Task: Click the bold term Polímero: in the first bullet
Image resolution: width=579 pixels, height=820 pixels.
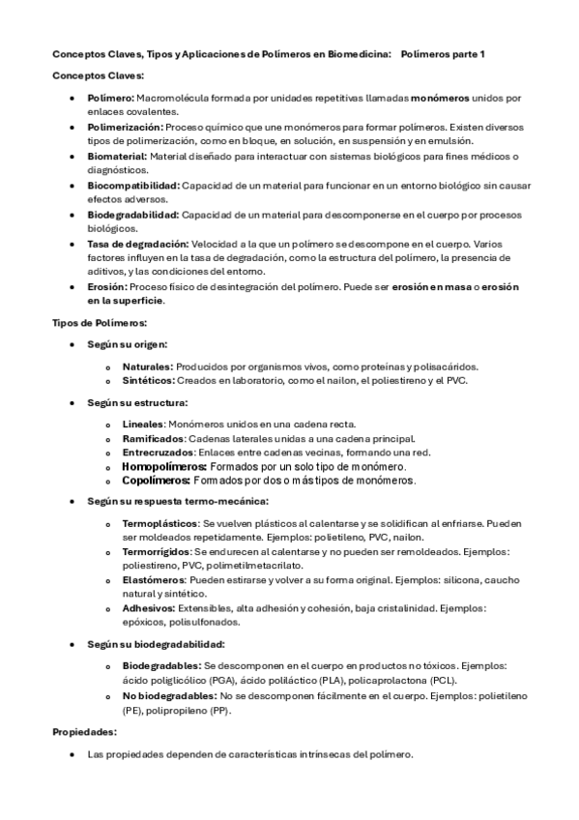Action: (x=111, y=99)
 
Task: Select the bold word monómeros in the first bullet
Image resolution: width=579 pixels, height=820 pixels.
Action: (x=442, y=99)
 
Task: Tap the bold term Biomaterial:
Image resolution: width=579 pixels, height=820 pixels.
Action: (x=117, y=156)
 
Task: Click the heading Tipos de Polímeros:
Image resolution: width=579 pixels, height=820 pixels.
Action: (x=99, y=322)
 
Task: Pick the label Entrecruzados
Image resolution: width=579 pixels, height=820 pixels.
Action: (x=158, y=452)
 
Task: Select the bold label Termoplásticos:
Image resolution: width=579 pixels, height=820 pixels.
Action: (x=160, y=523)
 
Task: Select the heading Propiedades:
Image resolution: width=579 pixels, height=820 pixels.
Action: (x=83, y=733)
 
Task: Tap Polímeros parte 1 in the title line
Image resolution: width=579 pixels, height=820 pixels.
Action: (x=443, y=54)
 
